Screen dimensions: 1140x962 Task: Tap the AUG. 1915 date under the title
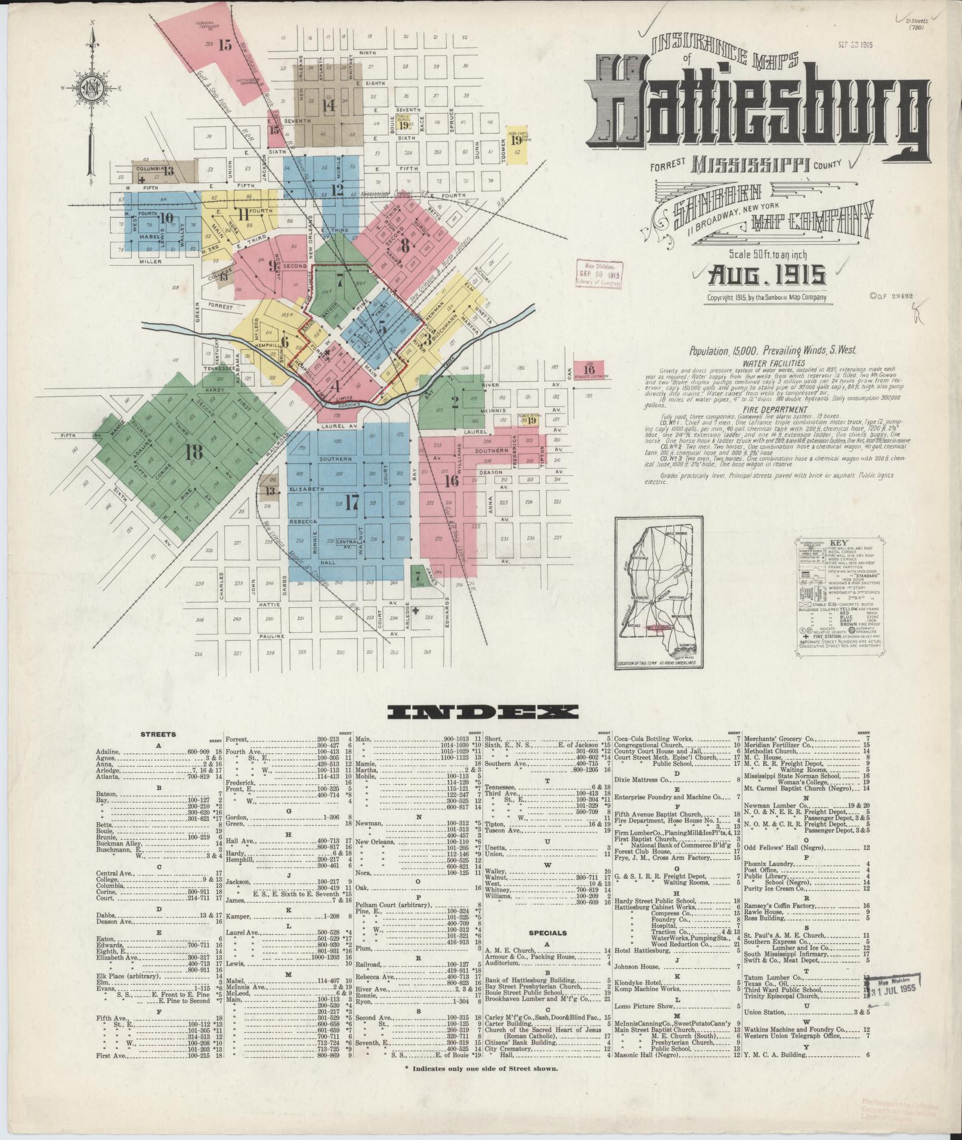click(766, 276)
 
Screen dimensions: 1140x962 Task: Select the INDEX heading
click(481, 710)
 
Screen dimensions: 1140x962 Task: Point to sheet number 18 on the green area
click(193, 452)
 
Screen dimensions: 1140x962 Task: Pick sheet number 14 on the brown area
click(327, 105)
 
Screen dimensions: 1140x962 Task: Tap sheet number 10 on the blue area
click(166, 219)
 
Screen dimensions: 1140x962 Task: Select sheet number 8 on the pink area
click(406, 244)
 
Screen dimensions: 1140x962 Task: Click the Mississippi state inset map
click(660, 593)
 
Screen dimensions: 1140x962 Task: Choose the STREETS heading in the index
click(157, 734)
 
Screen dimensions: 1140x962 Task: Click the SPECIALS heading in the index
click(547, 949)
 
